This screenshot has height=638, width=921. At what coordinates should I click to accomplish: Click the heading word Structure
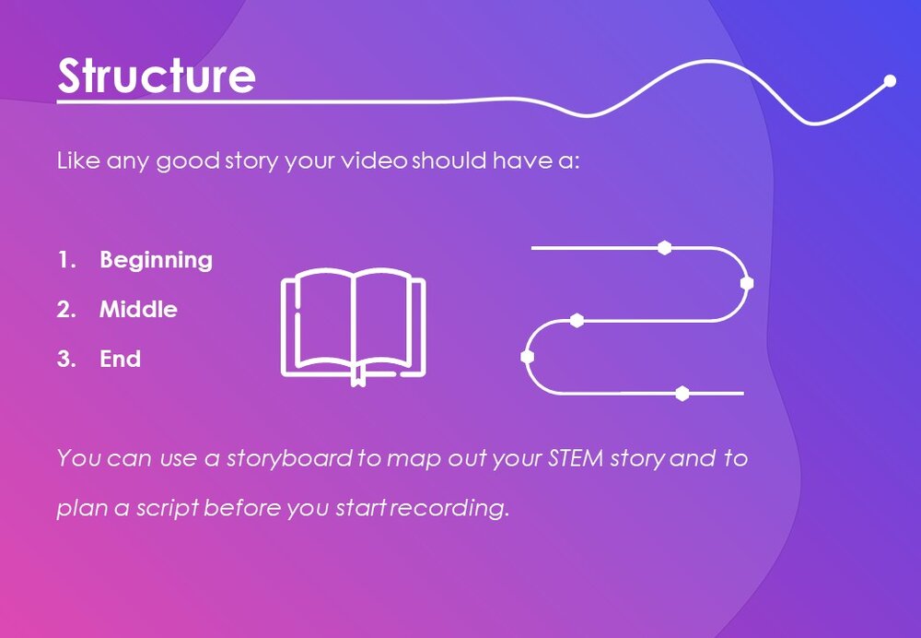click(x=157, y=76)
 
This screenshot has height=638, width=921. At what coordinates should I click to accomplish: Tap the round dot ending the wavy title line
click(x=890, y=80)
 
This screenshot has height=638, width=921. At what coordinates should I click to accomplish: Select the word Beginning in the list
click(x=157, y=261)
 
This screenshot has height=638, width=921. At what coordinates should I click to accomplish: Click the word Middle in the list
click(x=139, y=309)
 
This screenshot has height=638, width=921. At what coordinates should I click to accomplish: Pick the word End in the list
click(x=121, y=359)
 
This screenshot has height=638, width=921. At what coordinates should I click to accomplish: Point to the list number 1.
click(x=66, y=260)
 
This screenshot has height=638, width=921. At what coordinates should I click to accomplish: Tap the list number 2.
click(x=66, y=309)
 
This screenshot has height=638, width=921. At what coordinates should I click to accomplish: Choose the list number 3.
click(x=66, y=359)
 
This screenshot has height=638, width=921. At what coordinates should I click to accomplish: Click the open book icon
click(x=353, y=327)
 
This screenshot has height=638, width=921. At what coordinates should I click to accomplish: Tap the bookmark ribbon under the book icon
click(x=358, y=376)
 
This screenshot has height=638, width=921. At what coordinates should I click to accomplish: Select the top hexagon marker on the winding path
click(x=664, y=248)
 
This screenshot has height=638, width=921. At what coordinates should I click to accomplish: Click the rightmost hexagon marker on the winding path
click(x=747, y=283)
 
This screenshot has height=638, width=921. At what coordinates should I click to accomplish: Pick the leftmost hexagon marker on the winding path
click(x=528, y=356)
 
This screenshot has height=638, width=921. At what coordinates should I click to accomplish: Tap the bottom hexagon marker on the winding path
click(x=682, y=394)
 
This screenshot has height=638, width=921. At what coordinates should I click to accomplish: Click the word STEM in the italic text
click(x=576, y=458)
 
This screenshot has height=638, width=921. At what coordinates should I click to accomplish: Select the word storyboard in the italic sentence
click(x=290, y=458)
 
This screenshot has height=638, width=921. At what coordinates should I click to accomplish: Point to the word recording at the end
click(x=450, y=507)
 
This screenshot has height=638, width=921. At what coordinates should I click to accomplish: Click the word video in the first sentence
click(x=375, y=159)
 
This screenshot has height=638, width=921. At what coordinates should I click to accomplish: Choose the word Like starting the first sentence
click(x=78, y=159)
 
